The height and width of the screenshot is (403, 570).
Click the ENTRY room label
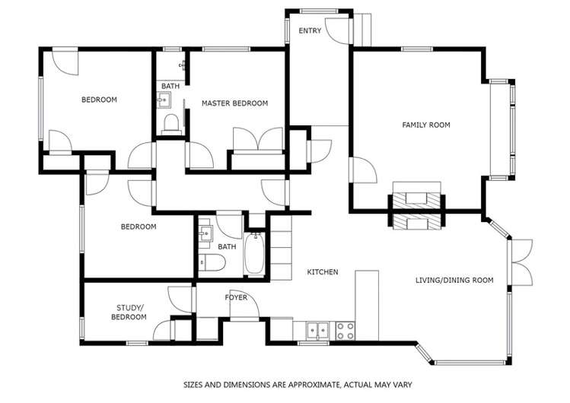(310, 31)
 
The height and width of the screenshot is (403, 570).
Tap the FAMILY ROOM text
(426, 125)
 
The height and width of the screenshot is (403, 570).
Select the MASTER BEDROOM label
(234, 103)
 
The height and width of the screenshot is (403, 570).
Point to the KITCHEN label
(322, 272)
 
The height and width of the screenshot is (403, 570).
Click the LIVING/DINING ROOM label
(454, 281)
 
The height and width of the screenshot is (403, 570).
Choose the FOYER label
(235, 297)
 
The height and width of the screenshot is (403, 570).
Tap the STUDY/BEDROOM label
(129, 312)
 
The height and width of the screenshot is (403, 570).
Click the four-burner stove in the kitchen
(345, 331)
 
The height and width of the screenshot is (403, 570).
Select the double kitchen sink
(318, 331)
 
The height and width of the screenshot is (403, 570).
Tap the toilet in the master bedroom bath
(170, 122)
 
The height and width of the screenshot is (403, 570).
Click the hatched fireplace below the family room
(416, 211)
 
